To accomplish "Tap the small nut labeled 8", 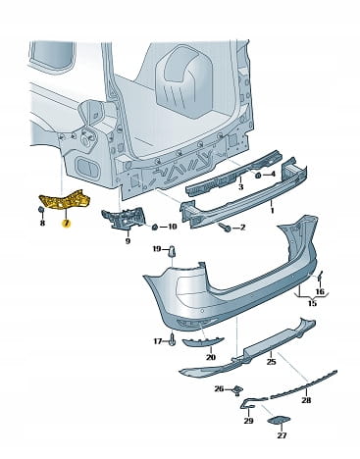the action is (42, 210).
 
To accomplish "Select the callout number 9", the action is (128, 241).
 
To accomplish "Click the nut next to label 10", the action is (156, 227).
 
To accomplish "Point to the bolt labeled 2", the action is (226, 227).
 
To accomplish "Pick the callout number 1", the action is (272, 211).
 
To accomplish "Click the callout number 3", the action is (241, 186).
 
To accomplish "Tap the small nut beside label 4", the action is (257, 176).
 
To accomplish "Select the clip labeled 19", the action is (172, 252).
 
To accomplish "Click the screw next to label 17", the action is (173, 341).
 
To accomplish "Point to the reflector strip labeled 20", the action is (201, 341).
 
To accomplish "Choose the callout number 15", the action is (312, 303).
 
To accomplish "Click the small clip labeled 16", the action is (320, 277).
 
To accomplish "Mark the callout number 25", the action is (271, 362).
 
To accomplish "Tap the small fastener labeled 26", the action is (237, 389).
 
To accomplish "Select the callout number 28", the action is (306, 400).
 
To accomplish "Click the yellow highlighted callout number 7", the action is (67, 224).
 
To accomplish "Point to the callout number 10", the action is (172, 227).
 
